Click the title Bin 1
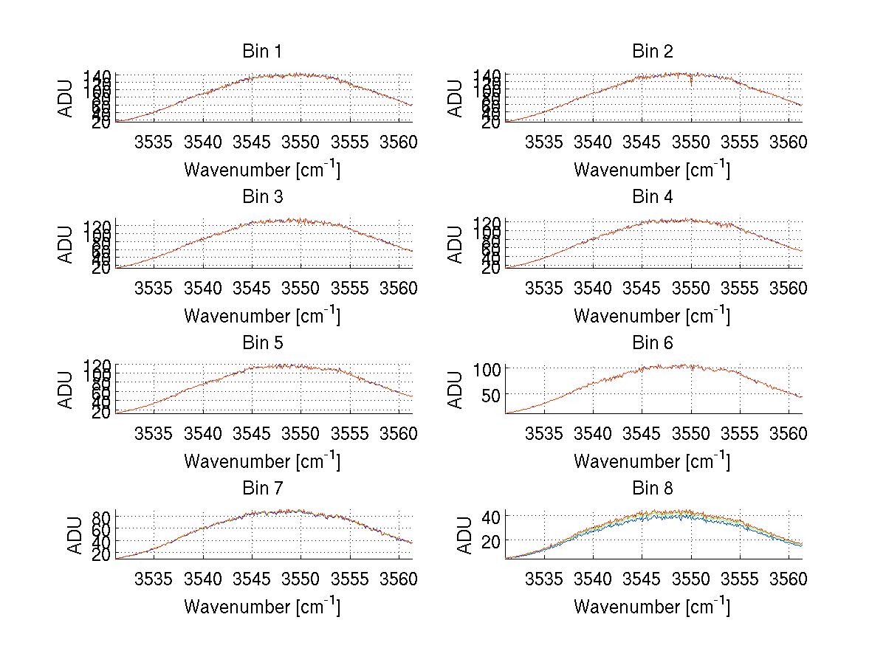(262, 52)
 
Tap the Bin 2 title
(652, 52)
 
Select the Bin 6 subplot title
(652, 343)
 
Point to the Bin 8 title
(652, 489)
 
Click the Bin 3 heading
(262, 197)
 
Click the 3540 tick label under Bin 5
(204, 433)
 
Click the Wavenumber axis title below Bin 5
(262, 461)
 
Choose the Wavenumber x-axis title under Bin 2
(652, 170)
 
